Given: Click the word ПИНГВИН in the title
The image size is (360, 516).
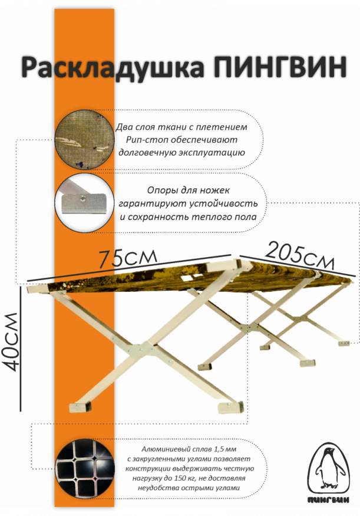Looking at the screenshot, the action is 280,67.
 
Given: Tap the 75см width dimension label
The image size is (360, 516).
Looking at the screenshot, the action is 128,258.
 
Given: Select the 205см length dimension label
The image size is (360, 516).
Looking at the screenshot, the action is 300,257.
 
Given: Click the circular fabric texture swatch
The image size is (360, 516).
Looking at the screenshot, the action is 84,140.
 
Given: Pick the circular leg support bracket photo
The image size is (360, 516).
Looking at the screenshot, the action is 84,203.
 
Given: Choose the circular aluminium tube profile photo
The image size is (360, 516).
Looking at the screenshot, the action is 85,469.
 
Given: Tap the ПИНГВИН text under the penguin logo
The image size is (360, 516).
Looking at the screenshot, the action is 328,500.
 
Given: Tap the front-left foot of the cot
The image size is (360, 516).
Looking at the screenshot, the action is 79,407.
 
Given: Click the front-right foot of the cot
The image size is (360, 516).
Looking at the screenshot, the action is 231,407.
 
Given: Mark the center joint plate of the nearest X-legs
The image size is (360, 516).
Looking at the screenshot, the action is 141,349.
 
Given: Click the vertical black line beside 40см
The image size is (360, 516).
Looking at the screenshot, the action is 21,349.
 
